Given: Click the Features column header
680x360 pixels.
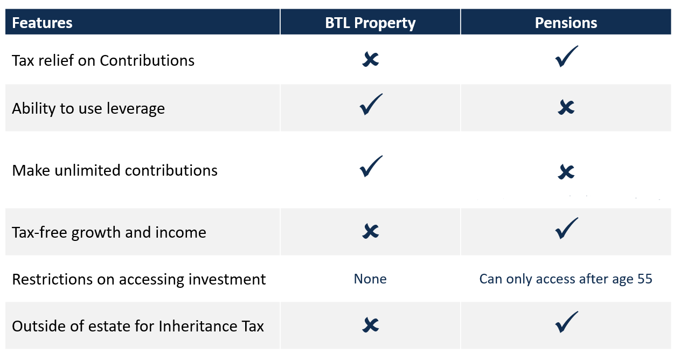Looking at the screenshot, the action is coord(42,23).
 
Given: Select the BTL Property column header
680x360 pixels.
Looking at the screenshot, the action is coord(370,23).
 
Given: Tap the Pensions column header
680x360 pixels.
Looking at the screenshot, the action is coord(566,23).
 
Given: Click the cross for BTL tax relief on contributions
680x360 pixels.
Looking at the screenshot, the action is coord(370,59).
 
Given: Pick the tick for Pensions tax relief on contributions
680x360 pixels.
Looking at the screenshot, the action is coord(566,57).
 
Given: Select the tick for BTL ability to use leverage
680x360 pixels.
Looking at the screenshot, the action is coord(371,105).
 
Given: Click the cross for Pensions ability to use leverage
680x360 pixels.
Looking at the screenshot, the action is coord(566,107).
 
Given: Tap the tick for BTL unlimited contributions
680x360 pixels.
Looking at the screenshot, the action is coord(371,167).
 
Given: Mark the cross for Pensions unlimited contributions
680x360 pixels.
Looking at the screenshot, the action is coord(566,172).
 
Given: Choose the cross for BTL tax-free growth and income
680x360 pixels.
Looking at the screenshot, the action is coord(370,231).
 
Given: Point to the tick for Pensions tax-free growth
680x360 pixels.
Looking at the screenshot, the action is coord(566,229).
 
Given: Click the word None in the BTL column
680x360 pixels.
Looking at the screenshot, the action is coord(370,279).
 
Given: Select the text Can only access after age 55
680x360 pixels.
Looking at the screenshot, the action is coord(566,279).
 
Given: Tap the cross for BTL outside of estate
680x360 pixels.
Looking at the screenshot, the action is coord(370,325).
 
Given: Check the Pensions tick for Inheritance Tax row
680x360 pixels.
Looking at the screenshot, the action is coord(566,322).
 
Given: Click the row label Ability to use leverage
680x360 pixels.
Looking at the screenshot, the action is coord(88,109).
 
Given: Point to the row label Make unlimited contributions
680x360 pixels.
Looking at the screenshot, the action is coord(115,170).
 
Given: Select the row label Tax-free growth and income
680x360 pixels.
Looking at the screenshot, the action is coord(109,233).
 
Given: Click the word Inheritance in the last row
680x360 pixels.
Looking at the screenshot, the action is coord(198,326).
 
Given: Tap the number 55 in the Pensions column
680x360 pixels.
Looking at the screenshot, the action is coord(644,279).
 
